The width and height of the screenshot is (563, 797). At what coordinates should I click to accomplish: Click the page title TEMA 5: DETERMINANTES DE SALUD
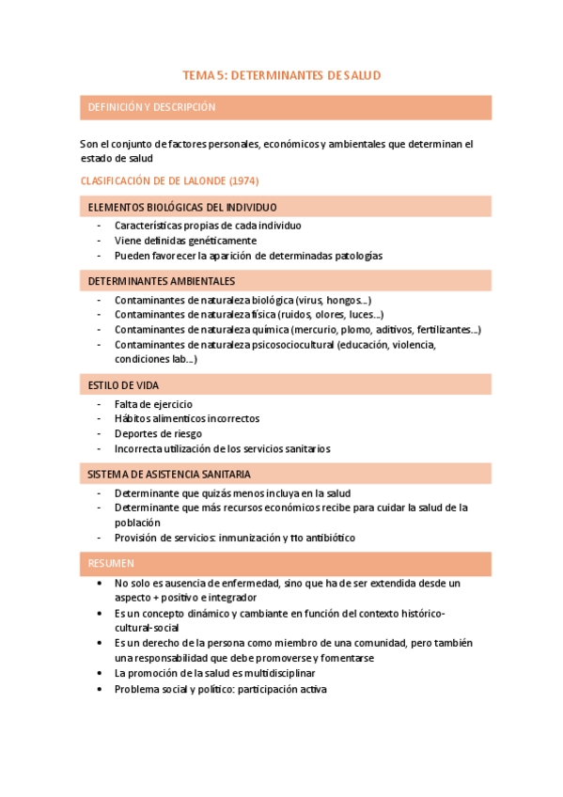(x=281, y=74)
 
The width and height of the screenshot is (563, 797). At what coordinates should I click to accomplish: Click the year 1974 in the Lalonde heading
(x=242, y=180)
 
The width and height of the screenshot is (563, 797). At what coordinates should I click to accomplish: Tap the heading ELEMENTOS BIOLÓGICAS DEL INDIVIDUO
(x=182, y=207)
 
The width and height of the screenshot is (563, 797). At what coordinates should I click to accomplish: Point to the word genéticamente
(x=198, y=241)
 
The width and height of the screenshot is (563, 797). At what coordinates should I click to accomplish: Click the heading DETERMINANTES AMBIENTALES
(x=162, y=281)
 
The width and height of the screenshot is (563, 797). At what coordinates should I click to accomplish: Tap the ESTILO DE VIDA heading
(x=123, y=385)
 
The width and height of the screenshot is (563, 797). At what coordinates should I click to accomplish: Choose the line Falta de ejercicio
(x=153, y=404)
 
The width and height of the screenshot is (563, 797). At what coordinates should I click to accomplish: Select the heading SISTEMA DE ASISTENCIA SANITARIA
(x=169, y=475)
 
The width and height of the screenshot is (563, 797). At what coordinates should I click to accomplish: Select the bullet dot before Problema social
(x=100, y=689)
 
